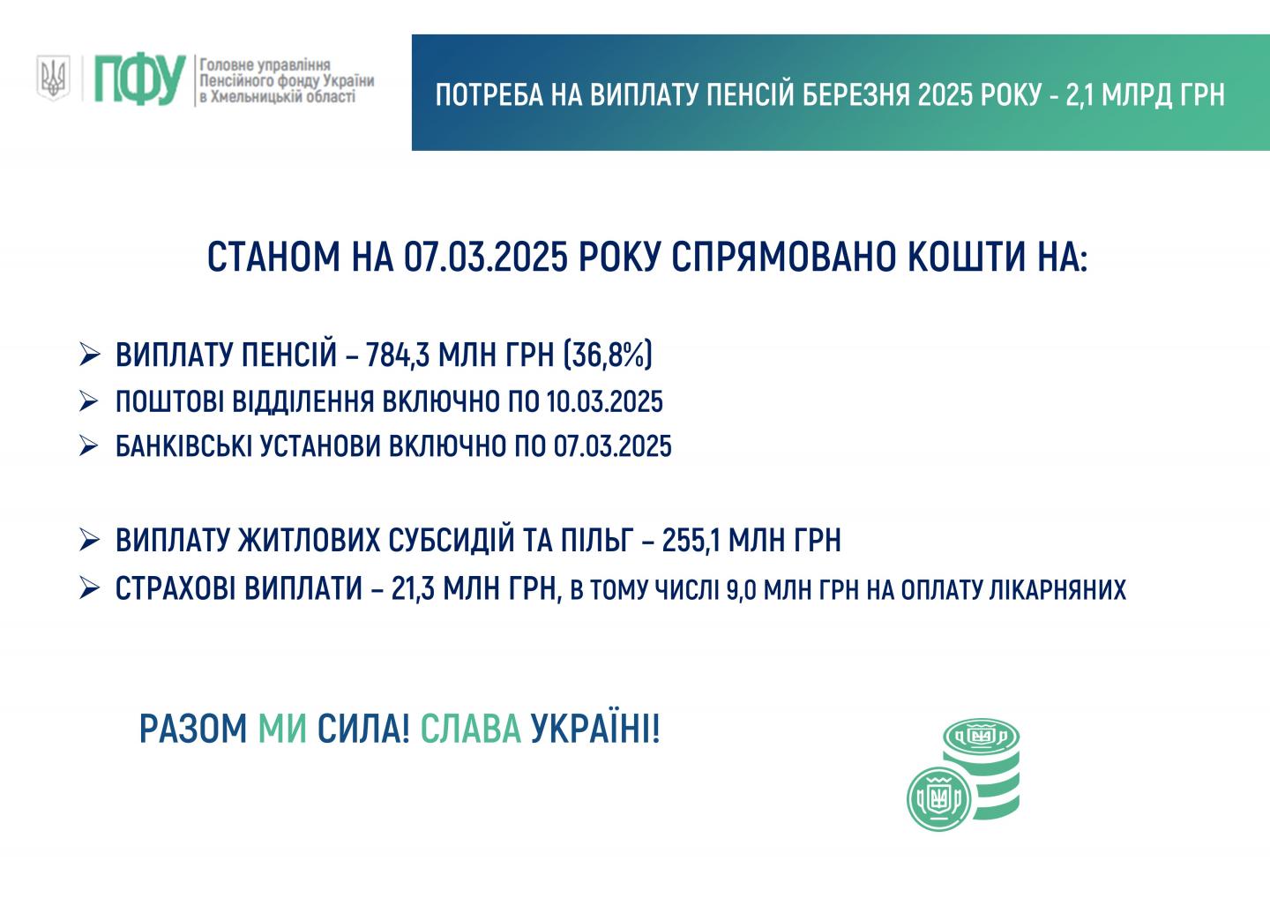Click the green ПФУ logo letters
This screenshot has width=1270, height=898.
point(140,80)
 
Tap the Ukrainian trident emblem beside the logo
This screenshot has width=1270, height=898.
point(53,78)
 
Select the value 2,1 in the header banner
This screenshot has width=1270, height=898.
point(1080,95)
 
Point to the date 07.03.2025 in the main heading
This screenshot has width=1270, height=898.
point(485,258)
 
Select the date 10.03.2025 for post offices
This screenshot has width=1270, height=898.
point(604,402)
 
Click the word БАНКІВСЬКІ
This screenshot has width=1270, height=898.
point(183,446)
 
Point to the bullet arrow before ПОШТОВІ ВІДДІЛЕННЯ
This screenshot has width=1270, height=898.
point(90,401)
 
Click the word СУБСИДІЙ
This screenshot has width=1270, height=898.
point(451,539)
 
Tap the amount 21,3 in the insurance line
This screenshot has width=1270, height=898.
point(413,588)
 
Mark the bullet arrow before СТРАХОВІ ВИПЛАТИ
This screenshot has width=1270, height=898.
point(90,587)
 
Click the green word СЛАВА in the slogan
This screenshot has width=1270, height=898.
point(471,729)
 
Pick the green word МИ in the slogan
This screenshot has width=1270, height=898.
point(282,729)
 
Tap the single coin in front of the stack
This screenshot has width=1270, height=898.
point(939,798)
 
